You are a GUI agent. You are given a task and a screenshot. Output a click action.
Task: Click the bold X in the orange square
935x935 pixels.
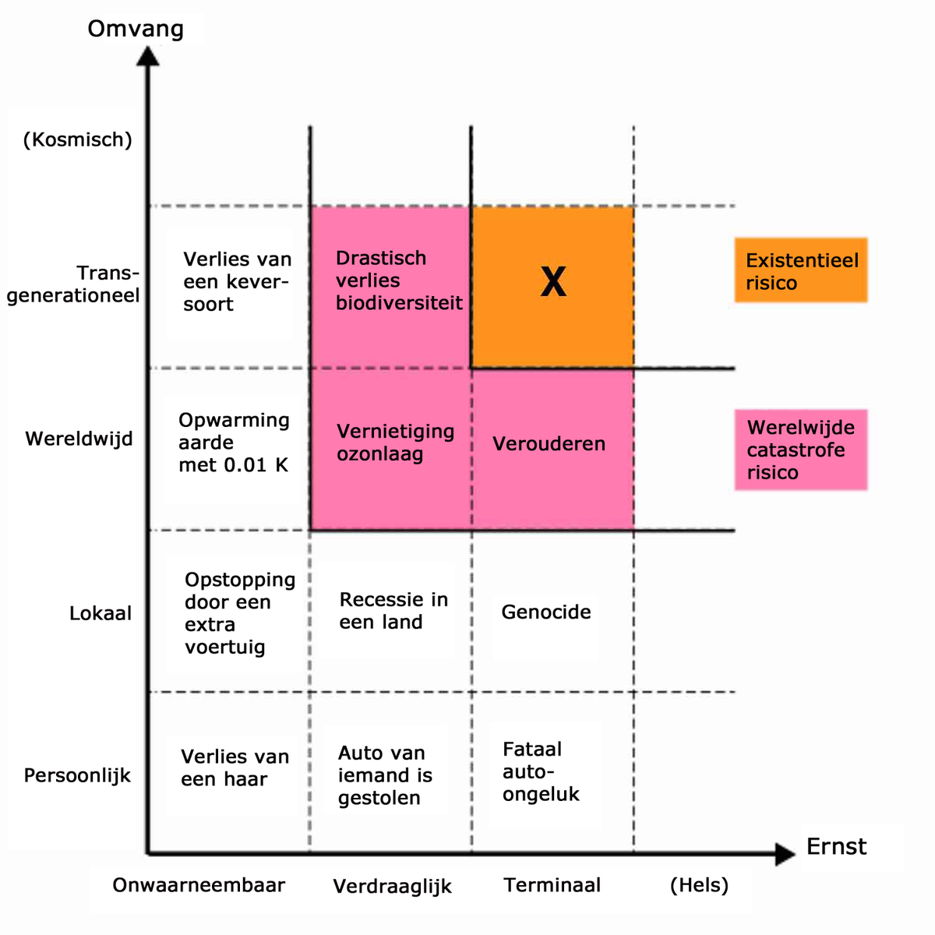click(553, 282)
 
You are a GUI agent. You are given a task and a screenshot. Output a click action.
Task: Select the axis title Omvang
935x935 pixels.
click(136, 29)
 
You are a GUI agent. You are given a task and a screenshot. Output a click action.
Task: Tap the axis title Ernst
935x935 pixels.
click(836, 846)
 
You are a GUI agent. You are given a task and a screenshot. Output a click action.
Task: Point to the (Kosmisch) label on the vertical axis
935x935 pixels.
click(78, 139)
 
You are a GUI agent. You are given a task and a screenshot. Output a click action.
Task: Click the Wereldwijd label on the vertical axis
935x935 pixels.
click(79, 439)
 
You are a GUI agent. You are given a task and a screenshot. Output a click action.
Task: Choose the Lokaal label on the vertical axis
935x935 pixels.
click(101, 613)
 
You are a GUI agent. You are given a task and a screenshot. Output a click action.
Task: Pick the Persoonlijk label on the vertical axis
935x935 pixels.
click(77, 776)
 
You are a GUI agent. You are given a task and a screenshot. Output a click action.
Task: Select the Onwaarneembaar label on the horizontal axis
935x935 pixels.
click(199, 885)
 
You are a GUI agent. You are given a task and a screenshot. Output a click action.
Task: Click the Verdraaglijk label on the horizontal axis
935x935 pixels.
click(392, 887)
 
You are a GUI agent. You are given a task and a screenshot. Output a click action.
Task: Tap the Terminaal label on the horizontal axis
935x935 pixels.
click(552, 885)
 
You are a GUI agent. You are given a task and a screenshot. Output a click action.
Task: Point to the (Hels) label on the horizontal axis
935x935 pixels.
click(699, 885)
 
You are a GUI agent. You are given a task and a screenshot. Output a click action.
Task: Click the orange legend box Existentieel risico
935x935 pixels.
click(801, 270)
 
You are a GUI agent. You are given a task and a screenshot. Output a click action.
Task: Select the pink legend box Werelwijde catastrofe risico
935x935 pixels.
click(801, 450)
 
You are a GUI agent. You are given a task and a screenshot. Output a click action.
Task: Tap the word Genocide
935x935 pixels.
click(545, 612)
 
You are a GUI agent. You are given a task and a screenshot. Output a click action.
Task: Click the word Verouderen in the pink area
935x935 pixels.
click(549, 444)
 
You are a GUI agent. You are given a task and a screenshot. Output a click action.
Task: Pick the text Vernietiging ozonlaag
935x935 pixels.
click(395, 443)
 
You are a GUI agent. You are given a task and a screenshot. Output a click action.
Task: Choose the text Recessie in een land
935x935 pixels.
click(393, 611)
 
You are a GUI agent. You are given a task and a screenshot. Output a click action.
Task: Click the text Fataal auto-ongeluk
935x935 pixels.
click(541, 771)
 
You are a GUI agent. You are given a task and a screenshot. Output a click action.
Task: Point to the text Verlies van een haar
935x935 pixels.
click(235, 767)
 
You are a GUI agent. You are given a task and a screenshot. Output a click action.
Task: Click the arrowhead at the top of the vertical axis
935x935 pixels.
click(147, 56)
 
